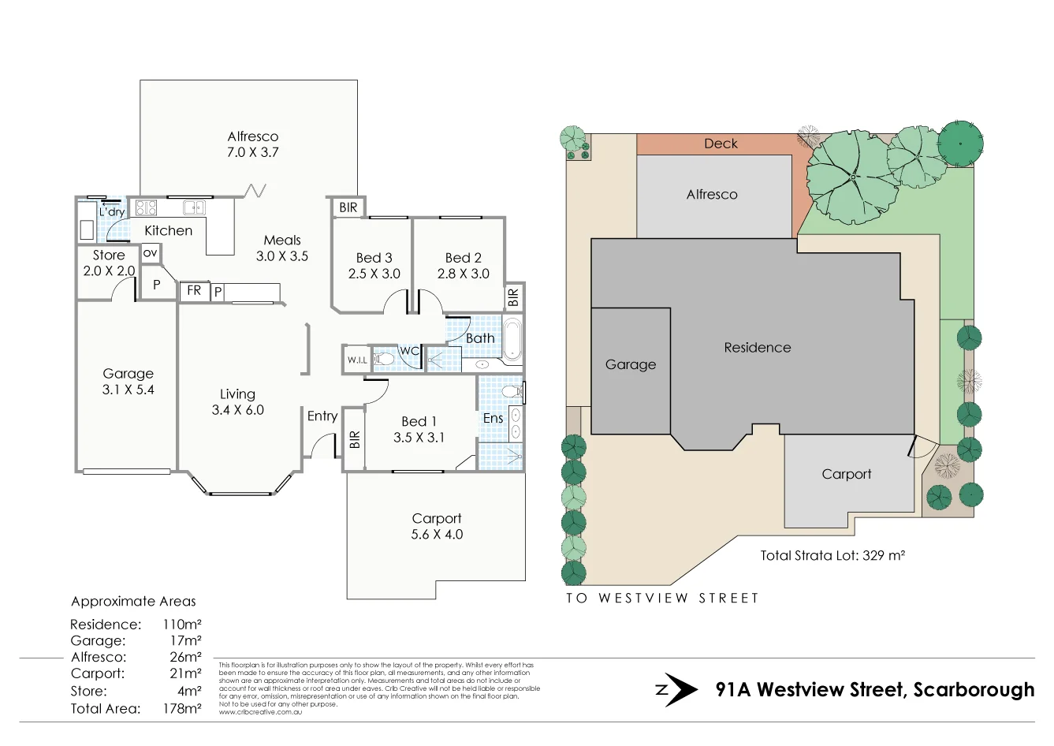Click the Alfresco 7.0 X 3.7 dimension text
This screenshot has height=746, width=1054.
252,152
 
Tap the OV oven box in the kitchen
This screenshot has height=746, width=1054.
150,253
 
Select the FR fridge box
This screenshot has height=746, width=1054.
193,291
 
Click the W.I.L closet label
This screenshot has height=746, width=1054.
356,360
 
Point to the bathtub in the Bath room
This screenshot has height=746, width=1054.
512,338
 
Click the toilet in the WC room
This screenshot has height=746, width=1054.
384,360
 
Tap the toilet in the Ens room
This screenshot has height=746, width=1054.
512,391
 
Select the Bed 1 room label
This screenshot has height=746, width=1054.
419,421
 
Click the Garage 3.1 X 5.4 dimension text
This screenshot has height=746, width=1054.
128,390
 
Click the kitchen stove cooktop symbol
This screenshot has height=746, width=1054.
147,208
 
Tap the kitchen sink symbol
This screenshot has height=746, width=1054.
194,208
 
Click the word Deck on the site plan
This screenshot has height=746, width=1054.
721,144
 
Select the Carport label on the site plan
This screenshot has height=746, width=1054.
846,474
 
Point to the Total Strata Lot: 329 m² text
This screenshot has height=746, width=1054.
832,555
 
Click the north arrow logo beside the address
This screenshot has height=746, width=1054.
676,690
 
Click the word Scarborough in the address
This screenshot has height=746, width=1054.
973,690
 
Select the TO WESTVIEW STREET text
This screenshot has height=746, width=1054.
661,598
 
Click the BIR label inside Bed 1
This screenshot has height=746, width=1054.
355,439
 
